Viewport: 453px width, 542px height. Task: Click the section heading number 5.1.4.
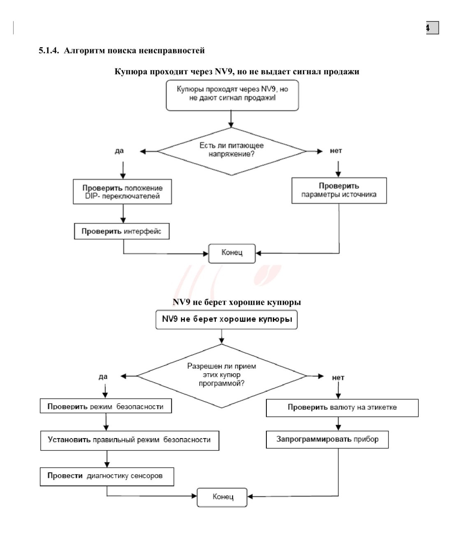49,50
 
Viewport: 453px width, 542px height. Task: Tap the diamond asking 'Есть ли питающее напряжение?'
231,152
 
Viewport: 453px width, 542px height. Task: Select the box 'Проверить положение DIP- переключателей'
122,192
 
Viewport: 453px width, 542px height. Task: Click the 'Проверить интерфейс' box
122,231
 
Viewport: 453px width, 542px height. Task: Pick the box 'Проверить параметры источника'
339,190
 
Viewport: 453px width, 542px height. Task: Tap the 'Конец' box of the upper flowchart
232,253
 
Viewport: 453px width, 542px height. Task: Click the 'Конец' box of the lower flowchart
222,497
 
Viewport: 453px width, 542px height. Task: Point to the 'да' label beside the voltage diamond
119,151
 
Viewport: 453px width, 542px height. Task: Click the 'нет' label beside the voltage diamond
336,151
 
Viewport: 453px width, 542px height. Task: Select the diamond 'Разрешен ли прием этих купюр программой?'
222,376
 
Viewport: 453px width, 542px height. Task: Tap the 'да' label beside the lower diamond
103,377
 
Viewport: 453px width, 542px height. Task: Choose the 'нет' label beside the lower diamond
338,378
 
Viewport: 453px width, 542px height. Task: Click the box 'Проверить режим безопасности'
106,406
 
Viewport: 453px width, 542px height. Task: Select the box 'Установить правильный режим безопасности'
129,441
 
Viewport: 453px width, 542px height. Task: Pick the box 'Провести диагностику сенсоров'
107,477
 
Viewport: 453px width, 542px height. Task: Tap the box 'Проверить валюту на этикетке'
342,408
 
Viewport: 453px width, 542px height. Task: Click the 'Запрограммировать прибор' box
327,440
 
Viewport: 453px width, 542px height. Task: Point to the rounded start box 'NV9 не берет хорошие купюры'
226,319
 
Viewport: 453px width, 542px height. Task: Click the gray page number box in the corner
432,28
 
